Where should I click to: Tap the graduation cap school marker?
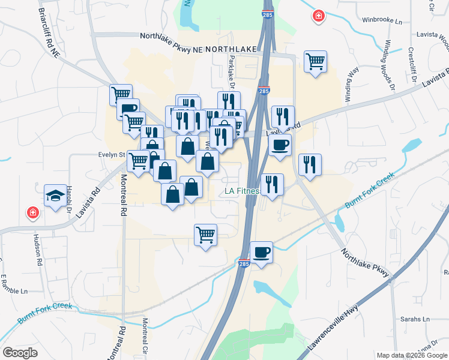click(x=55, y=196)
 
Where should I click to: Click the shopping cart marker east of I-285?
click(x=315, y=61)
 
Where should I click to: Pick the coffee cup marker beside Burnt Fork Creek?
click(x=261, y=251)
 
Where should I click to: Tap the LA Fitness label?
click(x=241, y=191)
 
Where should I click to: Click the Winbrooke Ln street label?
click(x=382, y=20)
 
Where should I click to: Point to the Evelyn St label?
click(x=111, y=155)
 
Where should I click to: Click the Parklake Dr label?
click(x=232, y=67)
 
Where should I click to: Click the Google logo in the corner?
click(x=20, y=353)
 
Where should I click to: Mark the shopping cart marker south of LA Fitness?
click(x=205, y=235)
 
